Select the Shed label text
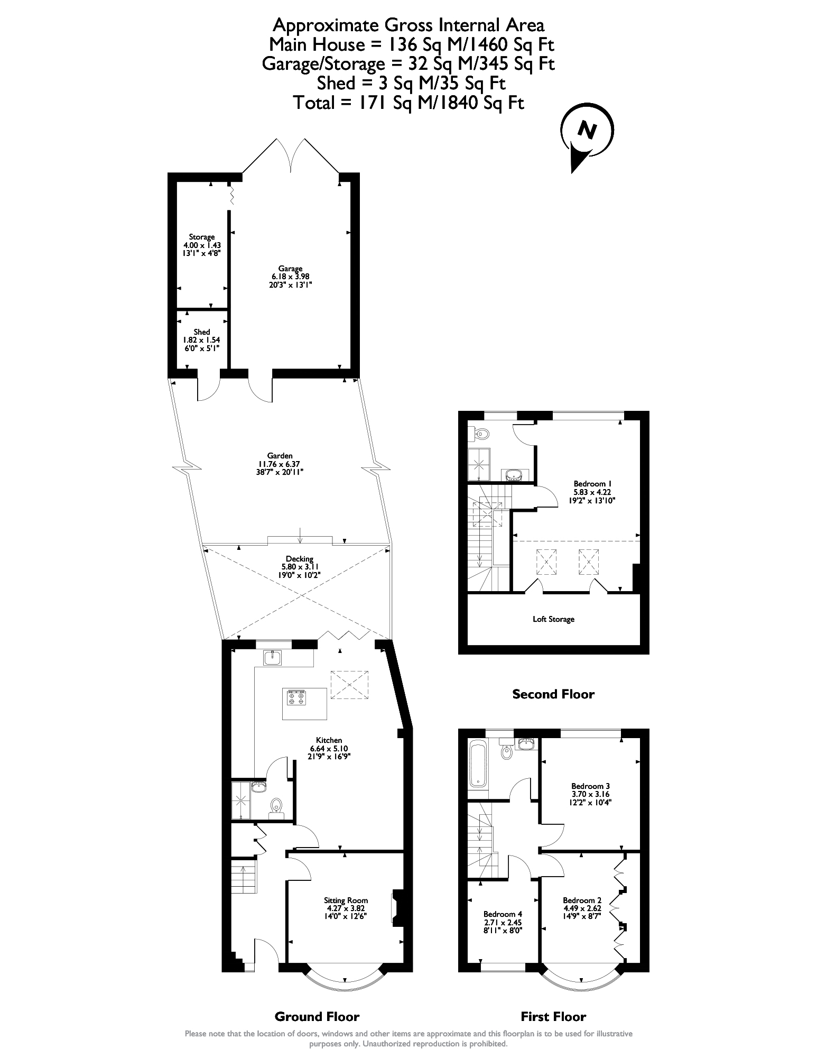click(x=202, y=332)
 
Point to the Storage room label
click(x=202, y=237)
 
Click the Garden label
click(x=280, y=456)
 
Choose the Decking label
click(x=300, y=559)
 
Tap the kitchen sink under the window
click(x=273, y=657)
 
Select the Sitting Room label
click(x=346, y=900)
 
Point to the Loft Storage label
click(x=553, y=619)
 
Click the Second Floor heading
click(x=553, y=694)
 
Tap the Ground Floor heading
click(x=317, y=1017)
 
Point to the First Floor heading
click(x=553, y=1017)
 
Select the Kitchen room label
click(x=329, y=740)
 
